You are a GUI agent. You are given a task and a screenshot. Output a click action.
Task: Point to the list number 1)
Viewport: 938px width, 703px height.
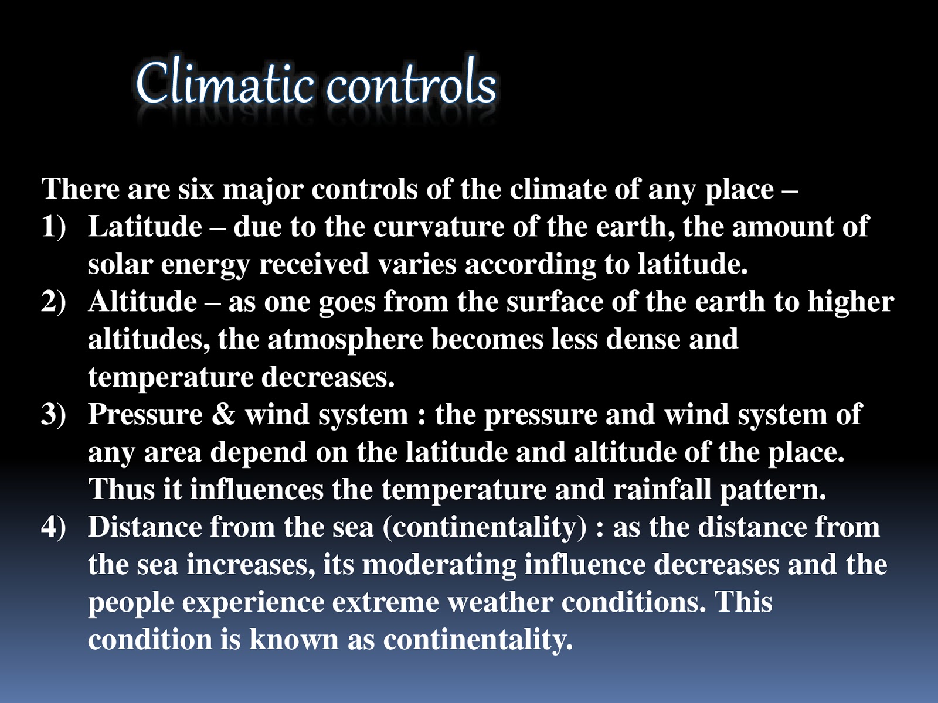54,227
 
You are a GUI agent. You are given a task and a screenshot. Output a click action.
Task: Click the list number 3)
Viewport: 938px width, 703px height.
54,414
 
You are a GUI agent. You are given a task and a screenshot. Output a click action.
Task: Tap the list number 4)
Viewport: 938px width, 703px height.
54,527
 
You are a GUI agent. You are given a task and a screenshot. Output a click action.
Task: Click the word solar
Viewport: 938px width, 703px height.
120,264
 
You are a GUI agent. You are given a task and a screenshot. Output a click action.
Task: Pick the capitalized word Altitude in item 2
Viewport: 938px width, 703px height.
142,302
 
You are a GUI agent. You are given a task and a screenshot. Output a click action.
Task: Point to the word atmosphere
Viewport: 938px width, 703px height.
345,339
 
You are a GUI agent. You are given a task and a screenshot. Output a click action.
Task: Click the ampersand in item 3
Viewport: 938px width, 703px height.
223,414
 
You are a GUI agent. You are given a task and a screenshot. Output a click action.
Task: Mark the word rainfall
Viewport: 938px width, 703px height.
662,489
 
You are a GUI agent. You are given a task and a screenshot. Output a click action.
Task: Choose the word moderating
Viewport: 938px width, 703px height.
439,564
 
